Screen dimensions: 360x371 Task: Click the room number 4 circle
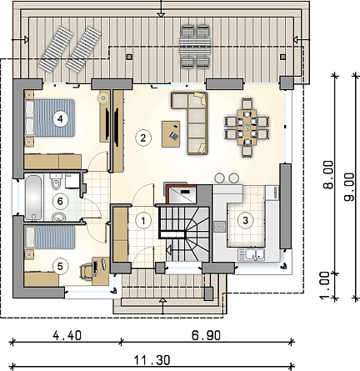pyautogui.click(x=60, y=119)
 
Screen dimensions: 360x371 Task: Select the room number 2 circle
pyautogui.click(x=143, y=138)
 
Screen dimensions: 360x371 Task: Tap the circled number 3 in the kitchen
pyautogui.click(x=246, y=220)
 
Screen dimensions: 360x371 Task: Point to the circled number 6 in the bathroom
pyautogui.click(x=60, y=201)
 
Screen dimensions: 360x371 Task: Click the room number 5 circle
pyautogui.click(x=60, y=267)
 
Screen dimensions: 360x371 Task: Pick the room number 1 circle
pyautogui.click(x=143, y=221)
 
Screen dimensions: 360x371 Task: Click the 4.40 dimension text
pyautogui.click(x=67, y=335)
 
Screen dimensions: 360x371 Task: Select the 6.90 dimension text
pyautogui.click(x=207, y=335)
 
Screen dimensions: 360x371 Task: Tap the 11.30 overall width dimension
pyautogui.click(x=152, y=360)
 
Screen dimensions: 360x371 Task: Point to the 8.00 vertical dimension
pyautogui.click(x=328, y=174)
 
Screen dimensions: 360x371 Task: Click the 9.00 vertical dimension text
pyautogui.click(x=349, y=187)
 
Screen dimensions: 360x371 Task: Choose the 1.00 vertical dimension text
pyautogui.click(x=324, y=286)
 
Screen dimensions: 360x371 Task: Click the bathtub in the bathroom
pyautogui.click(x=33, y=197)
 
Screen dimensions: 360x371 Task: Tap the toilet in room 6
pyautogui.click(x=56, y=181)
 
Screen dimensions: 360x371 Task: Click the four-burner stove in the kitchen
pyautogui.click(x=220, y=227)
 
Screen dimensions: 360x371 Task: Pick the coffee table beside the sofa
pyautogui.click(x=171, y=133)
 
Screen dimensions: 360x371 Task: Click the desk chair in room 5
pyautogui.click(x=87, y=272)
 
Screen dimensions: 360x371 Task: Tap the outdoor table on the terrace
pyautogui.click(x=195, y=47)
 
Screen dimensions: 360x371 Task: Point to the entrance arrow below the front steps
pyautogui.click(x=162, y=307)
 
